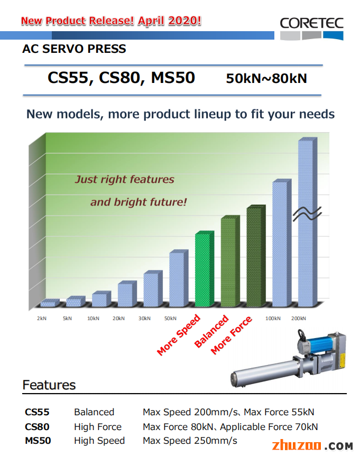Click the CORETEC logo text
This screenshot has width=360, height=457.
click(x=311, y=23)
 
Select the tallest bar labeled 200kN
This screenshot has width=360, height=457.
click(x=308, y=222)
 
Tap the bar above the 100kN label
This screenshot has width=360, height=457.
click(x=282, y=243)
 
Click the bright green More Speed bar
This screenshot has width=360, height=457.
click(x=205, y=269)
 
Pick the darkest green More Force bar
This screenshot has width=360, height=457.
click(x=256, y=256)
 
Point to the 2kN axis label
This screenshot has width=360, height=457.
click(x=42, y=318)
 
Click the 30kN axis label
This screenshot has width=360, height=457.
click(x=144, y=318)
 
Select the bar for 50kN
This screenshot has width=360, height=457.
click(x=179, y=278)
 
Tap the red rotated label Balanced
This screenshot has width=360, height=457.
click(x=211, y=331)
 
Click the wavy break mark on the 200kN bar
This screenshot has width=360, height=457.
click(x=307, y=214)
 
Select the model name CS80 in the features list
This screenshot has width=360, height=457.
click(x=37, y=427)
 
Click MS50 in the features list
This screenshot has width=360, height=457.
click(x=38, y=441)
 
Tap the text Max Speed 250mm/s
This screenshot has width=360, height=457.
click(x=190, y=441)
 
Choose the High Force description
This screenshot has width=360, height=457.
click(x=98, y=427)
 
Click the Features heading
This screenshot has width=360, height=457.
click(x=49, y=385)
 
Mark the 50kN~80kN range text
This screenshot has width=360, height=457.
click(x=266, y=78)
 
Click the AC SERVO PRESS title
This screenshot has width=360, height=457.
click(x=74, y=49)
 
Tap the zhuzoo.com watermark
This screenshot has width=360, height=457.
click(x=312, y=445)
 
